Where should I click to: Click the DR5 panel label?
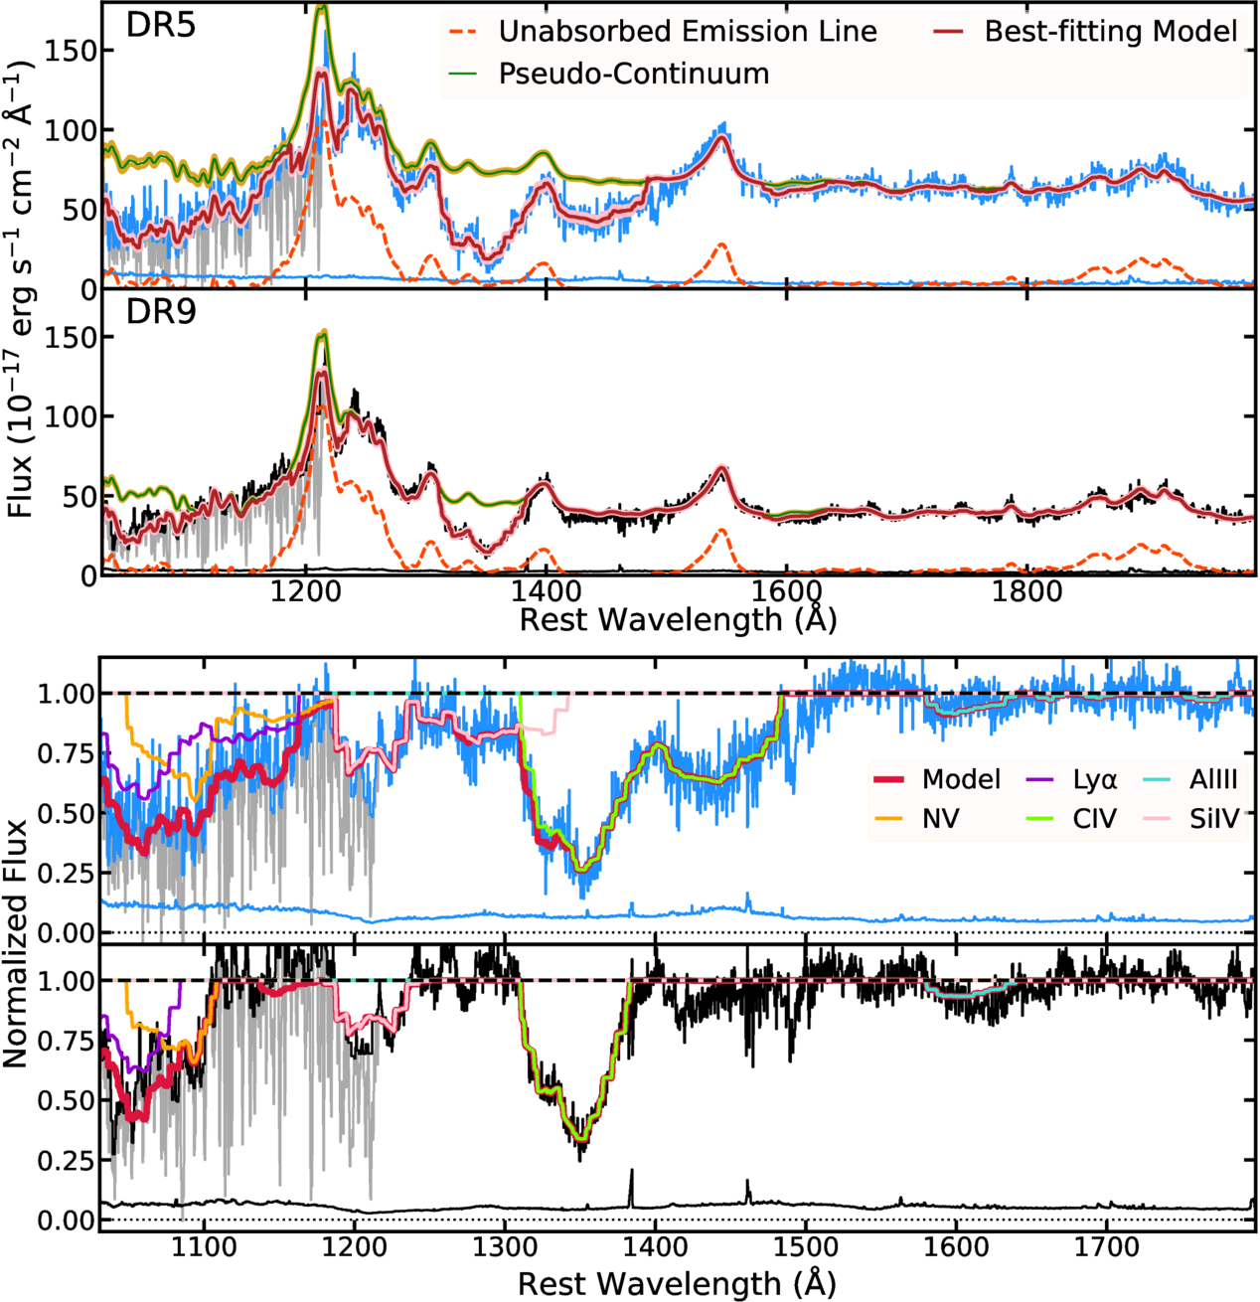tap(160, 26)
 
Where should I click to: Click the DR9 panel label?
tap(160, 312)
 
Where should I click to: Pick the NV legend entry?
tap(939, 819)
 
